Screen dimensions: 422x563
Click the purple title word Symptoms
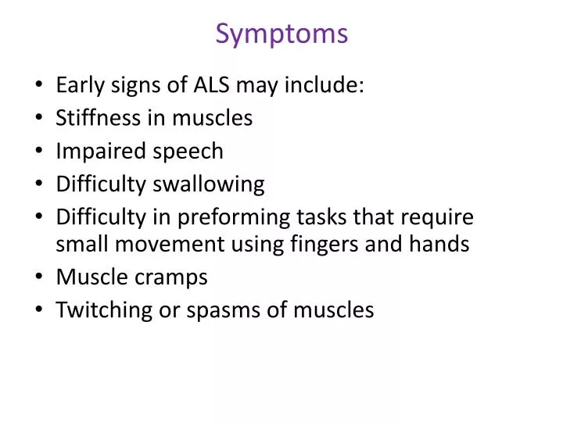pyautogui.click(x=281, y=34)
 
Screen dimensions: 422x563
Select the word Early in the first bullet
pyautogui.click(x=80, y=84)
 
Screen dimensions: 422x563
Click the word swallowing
pyautogui.click(x=210, y=184)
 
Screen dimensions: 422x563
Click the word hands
pyautogui.click(x=443, y=245)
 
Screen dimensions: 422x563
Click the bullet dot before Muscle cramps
pyautogui.click(x=39, y=278)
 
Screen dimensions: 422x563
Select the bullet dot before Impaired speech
pyautogui.click(x=39, y=152)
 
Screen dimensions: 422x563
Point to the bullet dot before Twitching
pyautogui.click(x=39, y=311)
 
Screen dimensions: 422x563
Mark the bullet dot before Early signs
pyautogui.click(x=39, y=85)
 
